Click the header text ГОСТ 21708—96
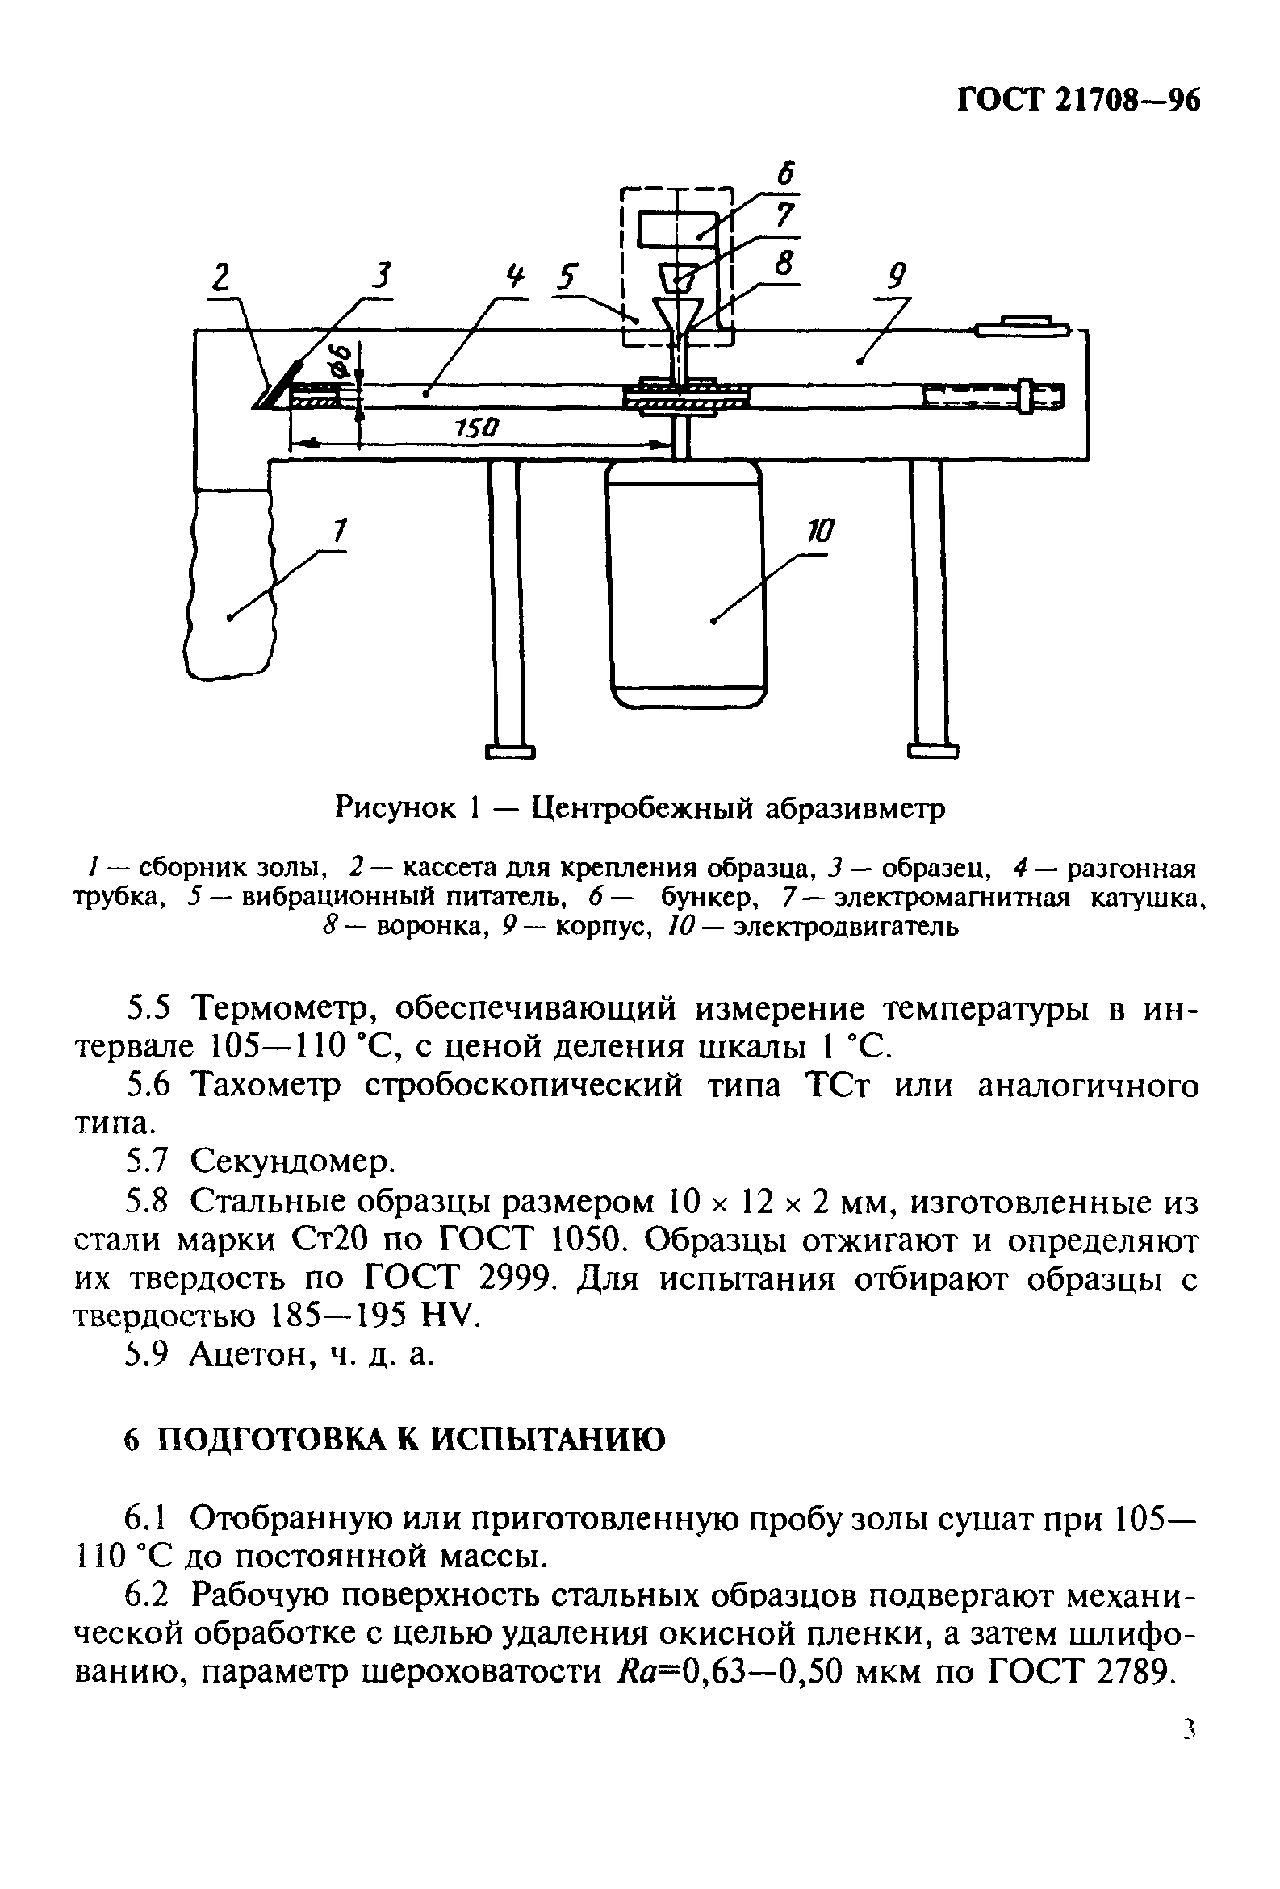pyautogui.click(x=1078, y=101)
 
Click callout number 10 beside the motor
pyautogui.click(x=820, y=532)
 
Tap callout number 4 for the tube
pyautogui.click(x=514, y=278)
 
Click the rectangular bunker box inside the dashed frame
pyautogui.click(x=676, y=229)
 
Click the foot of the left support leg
pyautogui.click(x=510, y=751)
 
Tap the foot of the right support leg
pyautogui.click(x=933, y=751)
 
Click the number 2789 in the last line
pyautogui.click(x=1135, y=1671)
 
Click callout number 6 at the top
pyautogui.click(x=785, y=173)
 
